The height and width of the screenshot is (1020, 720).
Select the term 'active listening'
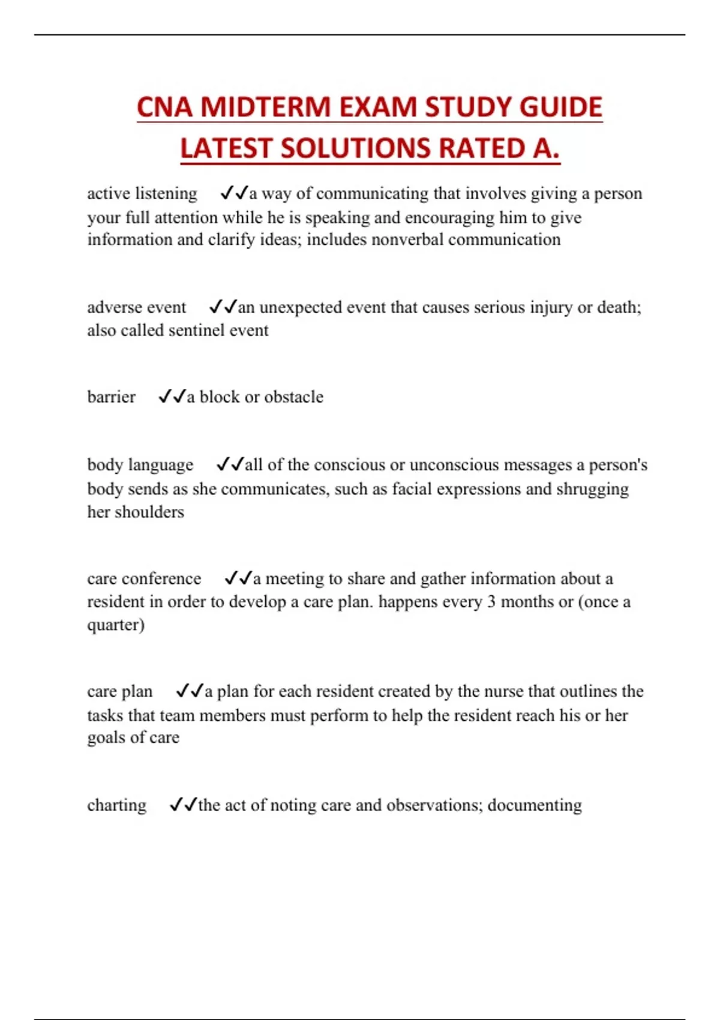point(142,194)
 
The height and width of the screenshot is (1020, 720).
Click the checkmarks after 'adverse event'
point(223,307)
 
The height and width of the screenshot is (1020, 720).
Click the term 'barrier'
point(111,397)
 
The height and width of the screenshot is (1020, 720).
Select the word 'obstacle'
point(293,397)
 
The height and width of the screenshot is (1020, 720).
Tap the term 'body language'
point(140,465)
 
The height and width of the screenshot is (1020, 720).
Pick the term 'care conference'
point(144,578)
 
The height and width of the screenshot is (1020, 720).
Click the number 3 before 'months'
point(491,602)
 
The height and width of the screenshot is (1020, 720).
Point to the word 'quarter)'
point(116,625)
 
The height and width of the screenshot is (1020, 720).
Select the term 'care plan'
point(120,692)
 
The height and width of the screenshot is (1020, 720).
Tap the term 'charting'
point(117,805)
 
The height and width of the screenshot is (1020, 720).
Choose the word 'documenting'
point(535,805)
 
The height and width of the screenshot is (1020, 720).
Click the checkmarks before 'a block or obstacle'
point(172,397)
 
